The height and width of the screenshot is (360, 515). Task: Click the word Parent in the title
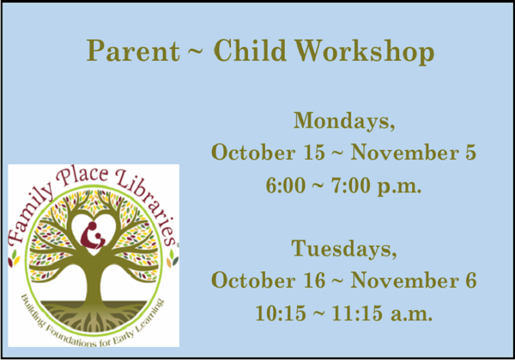131,50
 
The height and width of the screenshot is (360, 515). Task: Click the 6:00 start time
287,185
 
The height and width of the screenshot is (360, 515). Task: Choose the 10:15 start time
277,314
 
